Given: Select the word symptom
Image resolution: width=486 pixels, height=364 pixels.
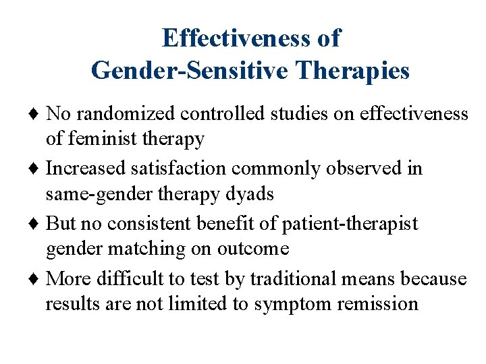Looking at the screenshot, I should tap(288, 305).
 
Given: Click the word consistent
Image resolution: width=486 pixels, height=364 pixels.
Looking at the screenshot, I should tap(154, 222).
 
